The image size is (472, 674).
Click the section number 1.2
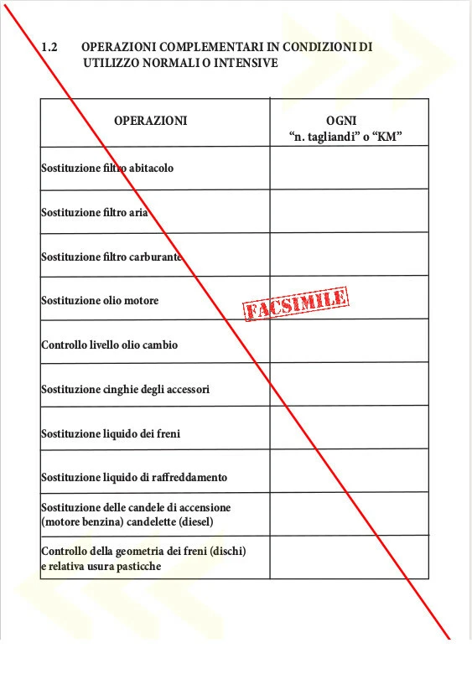point(49,48)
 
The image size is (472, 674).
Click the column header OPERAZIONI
point(150,121)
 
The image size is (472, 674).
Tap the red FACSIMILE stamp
point(295,303)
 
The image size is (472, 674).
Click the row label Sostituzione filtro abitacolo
point(107,168)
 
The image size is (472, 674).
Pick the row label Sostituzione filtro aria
point(95,213)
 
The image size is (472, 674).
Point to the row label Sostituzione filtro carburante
point(112,257)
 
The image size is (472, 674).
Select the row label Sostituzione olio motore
point(100,300)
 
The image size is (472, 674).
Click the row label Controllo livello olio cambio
point(109,345)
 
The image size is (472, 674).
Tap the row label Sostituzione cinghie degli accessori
point(125,389)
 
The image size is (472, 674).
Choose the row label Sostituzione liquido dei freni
point(111,433)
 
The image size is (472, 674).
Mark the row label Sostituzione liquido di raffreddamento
point(134,478)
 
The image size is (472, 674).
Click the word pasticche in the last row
point(137,566)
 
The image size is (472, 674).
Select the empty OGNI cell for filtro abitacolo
point(349,168)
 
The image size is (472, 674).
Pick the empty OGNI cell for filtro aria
point(349,211)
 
